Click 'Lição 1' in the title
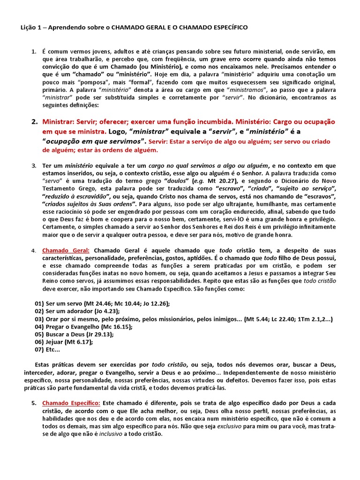(30, 28)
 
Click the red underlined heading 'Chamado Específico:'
(71, 403)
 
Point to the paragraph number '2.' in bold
(35, 121)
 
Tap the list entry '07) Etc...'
(47, 349)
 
